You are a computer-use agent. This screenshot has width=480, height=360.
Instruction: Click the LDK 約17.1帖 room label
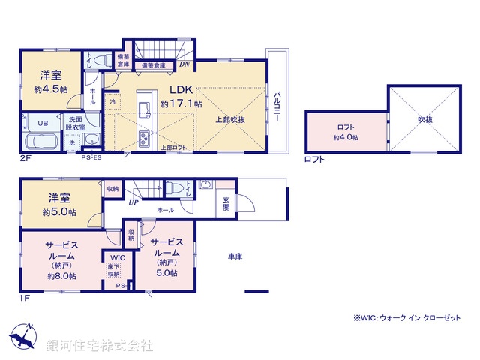click(181, 96)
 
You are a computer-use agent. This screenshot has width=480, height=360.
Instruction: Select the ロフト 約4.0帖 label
click(346, 132)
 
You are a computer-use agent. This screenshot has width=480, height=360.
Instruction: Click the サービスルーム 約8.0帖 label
click(60, 259)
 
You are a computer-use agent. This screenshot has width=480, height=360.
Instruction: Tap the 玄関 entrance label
click(226, 203)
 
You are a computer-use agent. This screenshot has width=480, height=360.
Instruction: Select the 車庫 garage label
click(235, 256)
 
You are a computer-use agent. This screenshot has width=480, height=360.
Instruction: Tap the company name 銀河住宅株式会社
click(100, 345)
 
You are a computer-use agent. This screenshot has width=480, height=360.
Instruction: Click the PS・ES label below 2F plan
click(94, 157)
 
